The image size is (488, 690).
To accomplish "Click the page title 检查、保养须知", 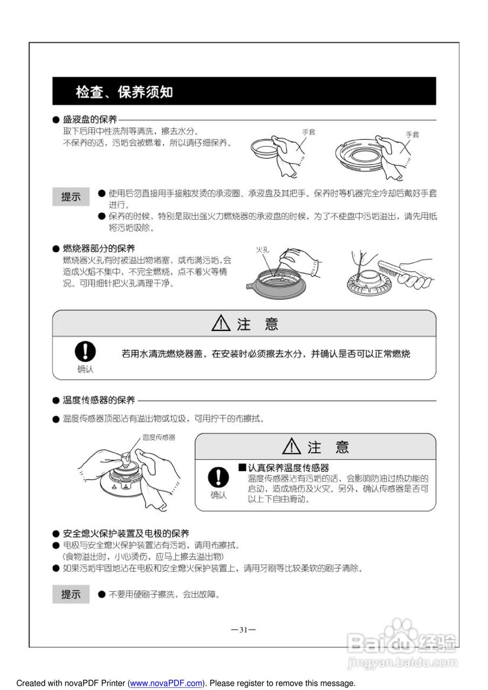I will [x=125, y=92].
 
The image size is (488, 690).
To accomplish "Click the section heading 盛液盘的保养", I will [x=90, y=120].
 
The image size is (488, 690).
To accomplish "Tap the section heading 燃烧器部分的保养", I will [x=99, y=249].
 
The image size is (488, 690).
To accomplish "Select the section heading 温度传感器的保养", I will [x=99, y=400].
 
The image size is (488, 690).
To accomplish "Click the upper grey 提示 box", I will [x=71, y=197].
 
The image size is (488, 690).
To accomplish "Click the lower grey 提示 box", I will [x=71, y=595].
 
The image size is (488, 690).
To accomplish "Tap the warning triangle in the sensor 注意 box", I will [x=292, y=446].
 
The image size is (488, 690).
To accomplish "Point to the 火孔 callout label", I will [x=263, y=249].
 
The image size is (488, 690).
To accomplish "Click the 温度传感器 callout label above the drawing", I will [x=159, y=437].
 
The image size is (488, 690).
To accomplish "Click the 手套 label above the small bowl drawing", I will [x=308, y=132].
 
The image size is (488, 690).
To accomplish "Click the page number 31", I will [x=243, y=630].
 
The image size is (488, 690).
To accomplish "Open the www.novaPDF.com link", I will [x=166, y=683].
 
